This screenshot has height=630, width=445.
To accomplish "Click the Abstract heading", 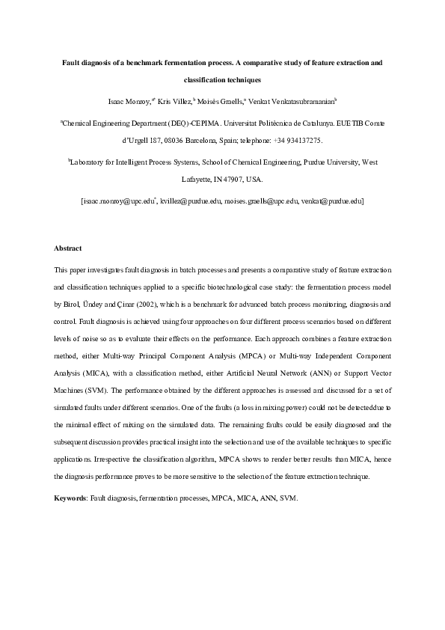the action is (x=67, y=248).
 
